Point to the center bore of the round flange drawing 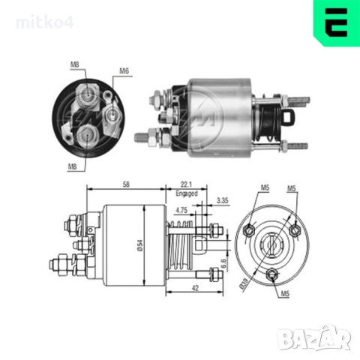click(270, 244)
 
